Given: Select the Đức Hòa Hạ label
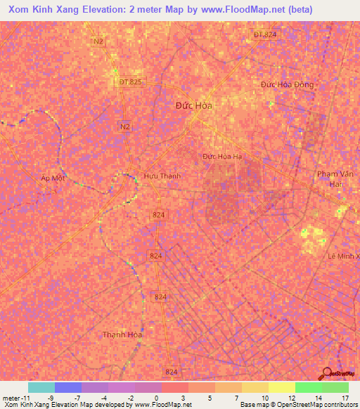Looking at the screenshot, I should (221, 156).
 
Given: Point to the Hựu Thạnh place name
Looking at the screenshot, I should (162, 176).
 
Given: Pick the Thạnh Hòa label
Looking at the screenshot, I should (123, 335).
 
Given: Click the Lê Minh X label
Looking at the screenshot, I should (343, 256).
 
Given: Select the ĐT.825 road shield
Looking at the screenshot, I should (130, 82).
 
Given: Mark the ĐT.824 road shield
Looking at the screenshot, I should (265, 34).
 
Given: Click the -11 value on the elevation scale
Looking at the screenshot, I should (13, 397).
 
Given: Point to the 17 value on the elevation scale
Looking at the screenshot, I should (345, 397).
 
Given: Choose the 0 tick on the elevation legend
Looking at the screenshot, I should (156, 397).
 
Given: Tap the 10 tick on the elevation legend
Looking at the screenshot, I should (264, 397).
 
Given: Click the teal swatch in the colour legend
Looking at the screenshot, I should (41, 387).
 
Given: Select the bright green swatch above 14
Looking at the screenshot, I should (308, 387).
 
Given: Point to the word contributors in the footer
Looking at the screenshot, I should (335, 405).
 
